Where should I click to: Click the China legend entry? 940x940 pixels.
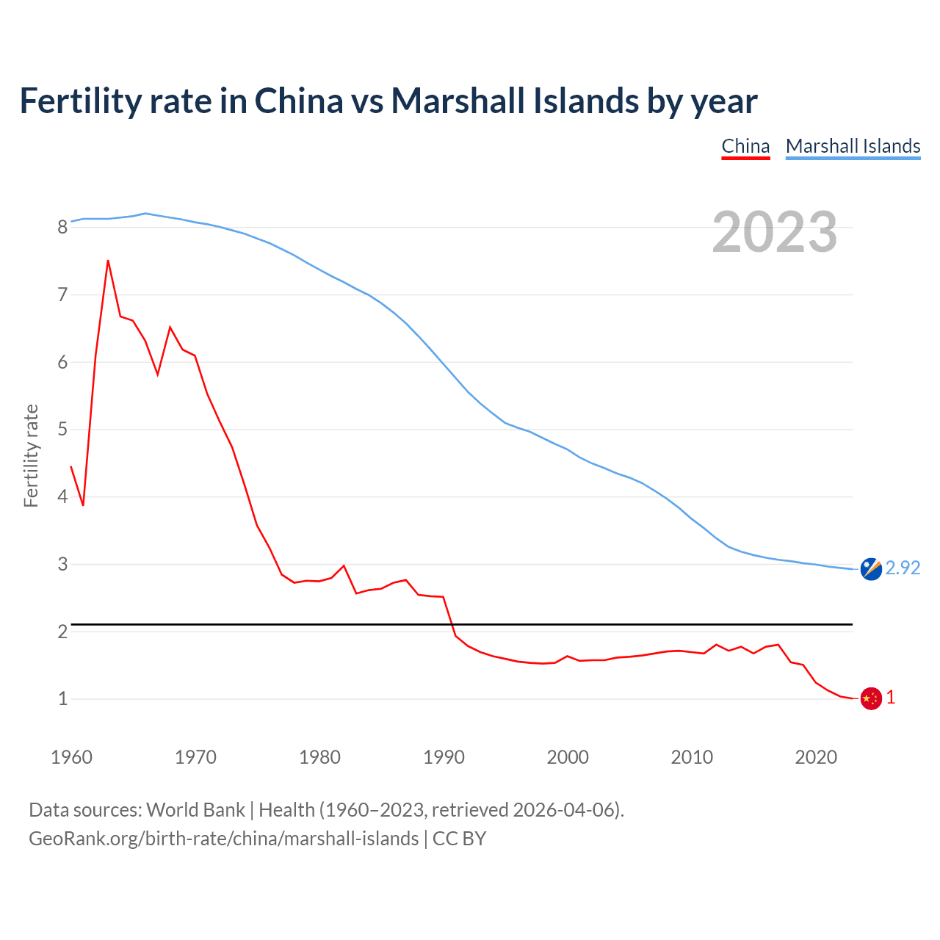(x=745, y=146)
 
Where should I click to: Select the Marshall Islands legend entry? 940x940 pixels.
(x=853, y=146)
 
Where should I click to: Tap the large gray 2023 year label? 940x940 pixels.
(x=775, y=232)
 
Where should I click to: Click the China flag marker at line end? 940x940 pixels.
(x=870, y=698)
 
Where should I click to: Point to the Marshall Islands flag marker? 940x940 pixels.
(x=870, y=569)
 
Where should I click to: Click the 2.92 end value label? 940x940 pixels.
(x=903, y=568)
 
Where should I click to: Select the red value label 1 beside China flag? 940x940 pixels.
(x=891, y=698)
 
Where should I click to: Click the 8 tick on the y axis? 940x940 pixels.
(x=62, y=227)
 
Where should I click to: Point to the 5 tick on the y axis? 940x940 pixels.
(x=62, y=430)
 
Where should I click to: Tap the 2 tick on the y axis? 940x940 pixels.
(x=62, y=632)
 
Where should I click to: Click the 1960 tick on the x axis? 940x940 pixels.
(x=71, y=757)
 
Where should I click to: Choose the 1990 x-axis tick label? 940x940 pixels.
(x=444, y=757)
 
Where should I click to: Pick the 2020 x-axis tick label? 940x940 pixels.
(x=816, y=757)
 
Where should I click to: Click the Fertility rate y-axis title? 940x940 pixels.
(x=31, y=455)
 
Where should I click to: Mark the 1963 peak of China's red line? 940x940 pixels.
(x=108, y=261)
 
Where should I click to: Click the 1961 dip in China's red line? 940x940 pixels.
(x=83, y=505)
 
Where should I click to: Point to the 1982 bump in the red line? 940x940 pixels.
(x=344, y=565)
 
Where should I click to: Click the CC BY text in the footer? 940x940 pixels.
(x=459, y=839)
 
